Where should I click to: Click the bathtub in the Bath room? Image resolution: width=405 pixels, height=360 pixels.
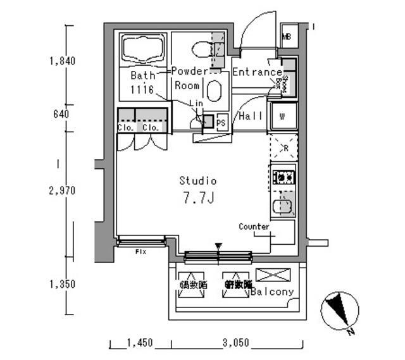[144, 49]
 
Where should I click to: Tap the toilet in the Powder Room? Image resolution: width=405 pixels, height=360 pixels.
[201, 48]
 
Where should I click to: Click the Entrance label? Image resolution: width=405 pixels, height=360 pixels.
[257, 72]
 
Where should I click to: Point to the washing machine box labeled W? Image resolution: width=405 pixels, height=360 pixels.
[282, 116]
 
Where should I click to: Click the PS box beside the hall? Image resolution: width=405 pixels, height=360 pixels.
[221, 123]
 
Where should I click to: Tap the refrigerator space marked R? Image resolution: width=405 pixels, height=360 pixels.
[282, 147]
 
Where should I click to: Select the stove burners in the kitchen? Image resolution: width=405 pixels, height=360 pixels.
[283, 177]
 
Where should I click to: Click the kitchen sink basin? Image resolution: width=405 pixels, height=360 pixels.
[282, 206]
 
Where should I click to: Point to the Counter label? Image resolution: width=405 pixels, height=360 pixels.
[254, 227]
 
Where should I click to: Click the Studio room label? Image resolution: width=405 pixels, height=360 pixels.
[197, 181]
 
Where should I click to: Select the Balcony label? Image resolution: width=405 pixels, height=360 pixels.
[272, 292]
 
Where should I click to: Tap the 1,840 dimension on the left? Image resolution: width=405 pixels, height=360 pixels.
[63, 61]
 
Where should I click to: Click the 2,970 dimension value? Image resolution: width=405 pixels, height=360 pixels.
[63, 190]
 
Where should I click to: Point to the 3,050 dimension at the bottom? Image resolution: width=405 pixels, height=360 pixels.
[235, 343]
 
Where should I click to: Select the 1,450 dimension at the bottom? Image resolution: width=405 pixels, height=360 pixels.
[140, 343]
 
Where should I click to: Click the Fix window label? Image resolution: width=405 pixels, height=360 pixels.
[140, 251]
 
